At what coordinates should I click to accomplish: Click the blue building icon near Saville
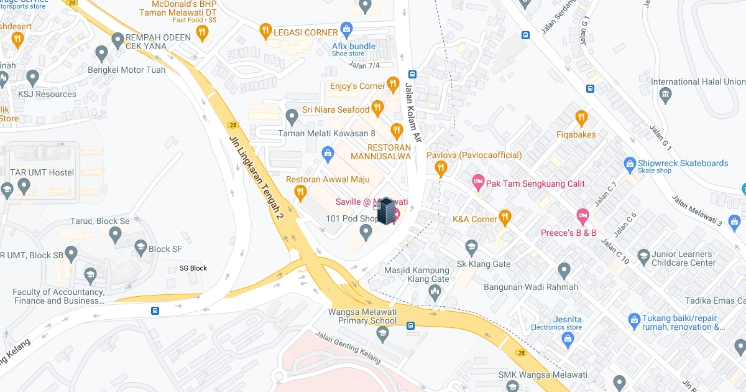[x=386, y=211]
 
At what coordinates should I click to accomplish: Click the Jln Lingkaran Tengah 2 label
[x=256, y=178]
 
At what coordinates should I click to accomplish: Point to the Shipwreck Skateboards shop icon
[x=629, y=164]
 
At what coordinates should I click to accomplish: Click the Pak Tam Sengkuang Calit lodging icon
[x=477, y=182]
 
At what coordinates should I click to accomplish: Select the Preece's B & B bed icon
[x=582, y=216]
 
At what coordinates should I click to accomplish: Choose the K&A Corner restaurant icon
[x=505, y=218]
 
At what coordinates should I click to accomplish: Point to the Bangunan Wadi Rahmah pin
[x=564, y=271]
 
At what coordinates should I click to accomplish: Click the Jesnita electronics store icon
[x=567, y=338]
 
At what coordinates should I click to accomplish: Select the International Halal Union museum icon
[x=666, y=96]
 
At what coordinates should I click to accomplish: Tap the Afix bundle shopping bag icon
[x=347, y=29]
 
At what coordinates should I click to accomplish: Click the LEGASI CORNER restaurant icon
[x=265, y=31]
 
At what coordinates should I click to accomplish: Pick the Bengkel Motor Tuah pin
[x=102, y=53]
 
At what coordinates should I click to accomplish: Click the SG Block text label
[x=193, y=268]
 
